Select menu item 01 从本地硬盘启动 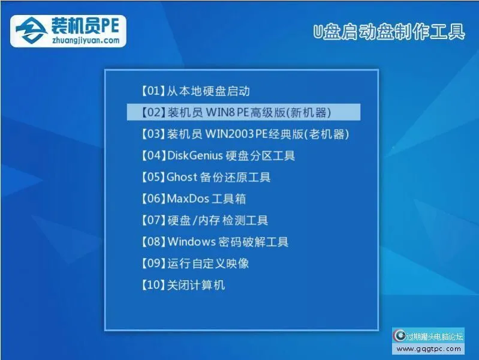point(194,91)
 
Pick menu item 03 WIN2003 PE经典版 point(244,134)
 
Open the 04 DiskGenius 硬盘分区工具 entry point(218,155)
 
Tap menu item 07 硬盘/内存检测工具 point(204,220)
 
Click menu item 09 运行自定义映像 point(194,263)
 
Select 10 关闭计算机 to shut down point(182,285)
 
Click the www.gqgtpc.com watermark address point(430,349)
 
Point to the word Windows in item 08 point(191,242)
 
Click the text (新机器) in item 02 point(309,112)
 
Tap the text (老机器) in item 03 point(327,134)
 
